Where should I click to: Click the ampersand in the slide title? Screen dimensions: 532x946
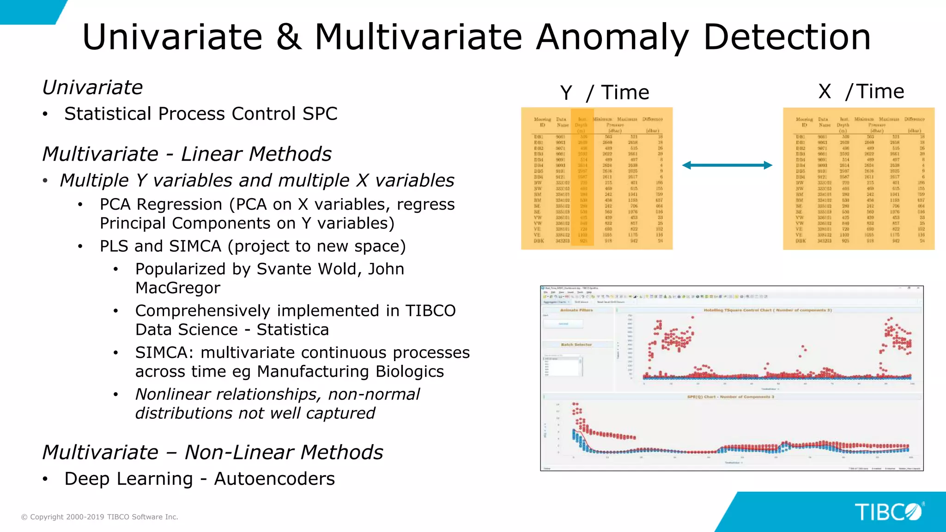coord(289,37)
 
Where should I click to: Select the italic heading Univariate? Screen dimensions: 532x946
coord(92,88)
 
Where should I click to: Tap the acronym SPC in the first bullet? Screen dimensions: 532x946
coord(320,114)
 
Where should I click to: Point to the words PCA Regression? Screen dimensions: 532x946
coord(161,205)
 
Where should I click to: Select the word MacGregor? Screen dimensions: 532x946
coord(178,288)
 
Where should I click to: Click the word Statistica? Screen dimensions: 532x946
coord(292,330)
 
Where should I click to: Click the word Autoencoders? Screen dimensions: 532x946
coord(274,479)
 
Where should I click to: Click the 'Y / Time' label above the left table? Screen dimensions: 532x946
coord(604,93)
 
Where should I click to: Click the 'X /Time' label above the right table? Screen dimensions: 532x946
coord(861,91)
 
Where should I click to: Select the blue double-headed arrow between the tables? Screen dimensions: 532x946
coord(727,165)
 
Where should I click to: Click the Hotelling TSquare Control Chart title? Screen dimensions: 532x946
coord(767,310)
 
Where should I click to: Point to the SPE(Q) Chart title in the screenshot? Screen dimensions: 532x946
coord(730,397)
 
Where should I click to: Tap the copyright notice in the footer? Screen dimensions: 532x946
coord(100,517)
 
